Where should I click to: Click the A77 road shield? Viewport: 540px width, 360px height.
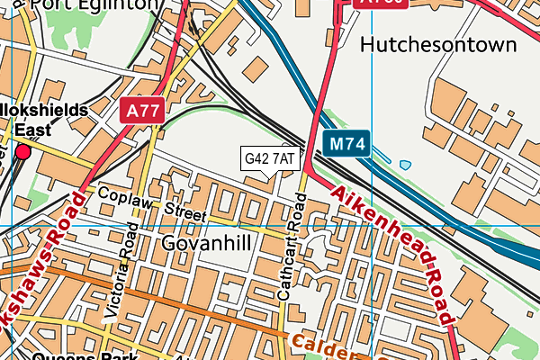click(141, 110)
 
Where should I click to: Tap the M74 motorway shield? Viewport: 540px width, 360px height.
click(346, 143)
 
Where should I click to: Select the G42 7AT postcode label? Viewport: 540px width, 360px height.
click(269, 159)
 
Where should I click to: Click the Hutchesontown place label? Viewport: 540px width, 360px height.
click(437, 44)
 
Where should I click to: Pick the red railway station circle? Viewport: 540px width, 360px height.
click(22, 151)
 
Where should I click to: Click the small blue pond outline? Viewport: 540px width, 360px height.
click(405, 165)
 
